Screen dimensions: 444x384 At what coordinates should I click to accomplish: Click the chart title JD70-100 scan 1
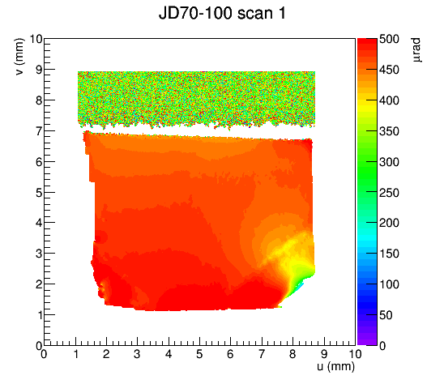[x=222, y=13]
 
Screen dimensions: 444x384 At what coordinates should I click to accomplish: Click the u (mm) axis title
[x=335, y=366]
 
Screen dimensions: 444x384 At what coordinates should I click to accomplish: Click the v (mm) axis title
[x=19, y=57]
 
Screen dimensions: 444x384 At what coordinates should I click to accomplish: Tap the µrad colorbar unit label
[x=416, y=50]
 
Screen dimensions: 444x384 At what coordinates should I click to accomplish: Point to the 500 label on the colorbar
[x=389, y=39]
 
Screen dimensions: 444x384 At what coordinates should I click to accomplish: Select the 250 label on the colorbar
[x=389, y=193]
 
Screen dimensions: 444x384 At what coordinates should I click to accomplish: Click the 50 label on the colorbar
[x=386, y=315]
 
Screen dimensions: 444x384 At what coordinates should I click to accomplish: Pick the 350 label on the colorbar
[x=389, y=131]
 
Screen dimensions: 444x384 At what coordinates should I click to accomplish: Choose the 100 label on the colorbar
[x=389, y=284]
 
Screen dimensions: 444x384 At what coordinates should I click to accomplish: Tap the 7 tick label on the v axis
[x=39, y=131]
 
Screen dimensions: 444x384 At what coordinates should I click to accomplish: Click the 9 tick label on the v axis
[x=39, y=70]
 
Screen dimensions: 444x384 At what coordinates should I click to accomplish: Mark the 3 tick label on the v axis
[x=39, y=254]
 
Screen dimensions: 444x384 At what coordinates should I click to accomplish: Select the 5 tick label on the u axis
[x=199, y=354]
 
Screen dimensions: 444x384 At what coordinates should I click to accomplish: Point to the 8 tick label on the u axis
[x=292, y=354]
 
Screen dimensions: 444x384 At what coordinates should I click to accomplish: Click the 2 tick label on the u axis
[x=106, y=354]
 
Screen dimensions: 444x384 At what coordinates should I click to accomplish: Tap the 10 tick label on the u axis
[x=355, y=354]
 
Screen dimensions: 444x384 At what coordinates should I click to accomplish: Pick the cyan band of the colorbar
[x=367, y=235]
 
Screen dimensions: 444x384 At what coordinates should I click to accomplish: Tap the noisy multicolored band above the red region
[x=197, y=99]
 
